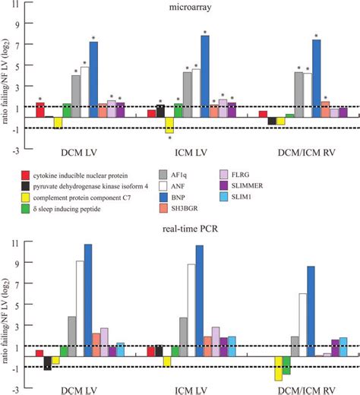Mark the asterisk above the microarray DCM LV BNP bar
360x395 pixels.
[x=93, y=37]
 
